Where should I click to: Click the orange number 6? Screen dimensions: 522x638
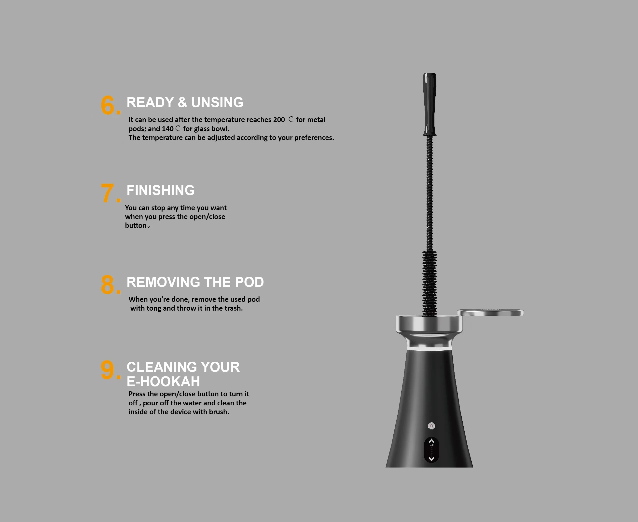click(x=107, y=106)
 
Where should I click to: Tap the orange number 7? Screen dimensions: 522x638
click(x=107, y=193)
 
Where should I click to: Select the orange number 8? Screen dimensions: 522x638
click(x=107, y=285)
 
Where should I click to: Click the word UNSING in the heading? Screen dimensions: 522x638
click(x=217, y=103)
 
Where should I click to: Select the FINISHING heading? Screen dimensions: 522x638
click(x=161, y=190)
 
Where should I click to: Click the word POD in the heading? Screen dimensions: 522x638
click(x=249, y=282)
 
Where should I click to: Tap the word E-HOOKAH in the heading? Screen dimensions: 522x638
click(x=163, y=382)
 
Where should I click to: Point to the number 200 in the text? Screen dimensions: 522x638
click(x=279, y=120)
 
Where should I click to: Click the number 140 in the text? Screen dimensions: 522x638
click(x=167, y=129)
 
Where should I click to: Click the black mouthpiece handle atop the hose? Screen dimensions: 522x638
click(x=430, y=104)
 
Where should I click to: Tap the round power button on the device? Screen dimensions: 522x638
click(x=431, y=426)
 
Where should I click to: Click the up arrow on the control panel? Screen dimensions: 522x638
click(x=431, y=441)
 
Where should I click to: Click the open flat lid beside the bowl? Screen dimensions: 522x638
click(x=490, y=313)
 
